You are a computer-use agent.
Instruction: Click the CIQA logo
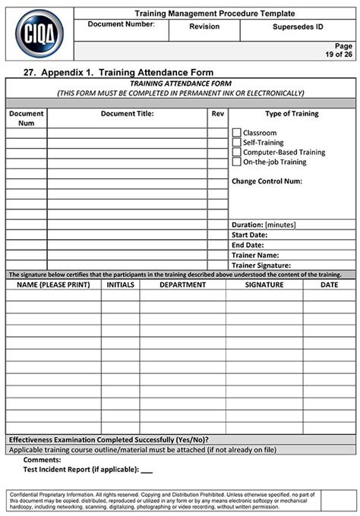point(39,33)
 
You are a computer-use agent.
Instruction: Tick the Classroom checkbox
point(236,133)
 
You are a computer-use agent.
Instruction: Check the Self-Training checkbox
point(236,143)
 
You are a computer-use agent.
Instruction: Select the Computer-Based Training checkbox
point(236,152)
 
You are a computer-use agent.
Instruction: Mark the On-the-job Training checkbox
point(236,162)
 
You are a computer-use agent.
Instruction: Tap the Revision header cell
point(204,27)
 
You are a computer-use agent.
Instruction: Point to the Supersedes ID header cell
point(297,27)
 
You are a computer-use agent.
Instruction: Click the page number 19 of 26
point(338,55)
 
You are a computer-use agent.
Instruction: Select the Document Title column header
point(127,114)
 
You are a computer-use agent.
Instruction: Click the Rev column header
point(218,114)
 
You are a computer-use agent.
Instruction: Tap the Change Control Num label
point(267,181)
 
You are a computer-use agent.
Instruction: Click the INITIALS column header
point(120,285)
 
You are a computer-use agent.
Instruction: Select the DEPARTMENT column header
point(182,285)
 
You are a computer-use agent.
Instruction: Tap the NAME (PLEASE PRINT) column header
point(53,285)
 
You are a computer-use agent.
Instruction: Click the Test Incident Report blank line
point(147,470)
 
